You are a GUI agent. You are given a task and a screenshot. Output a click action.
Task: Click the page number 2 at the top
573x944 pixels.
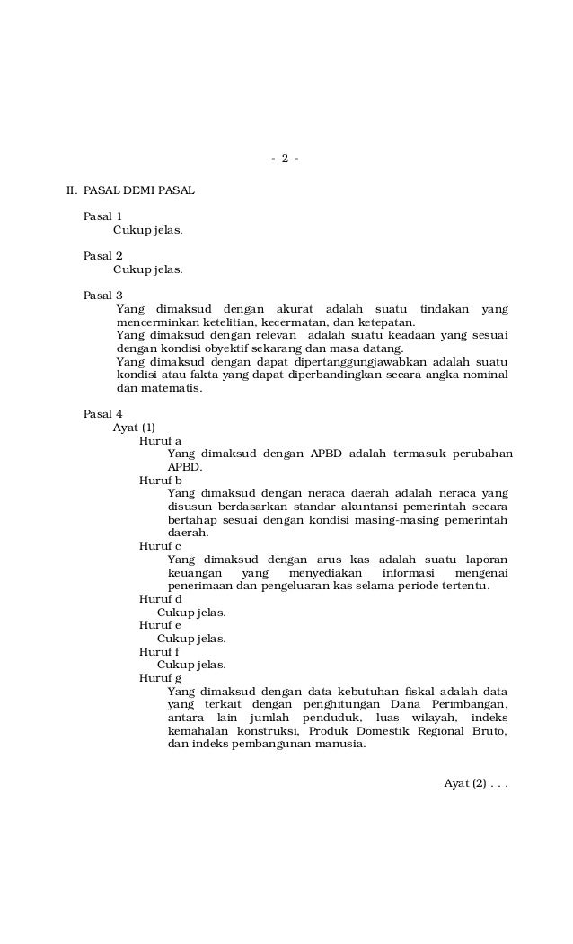point(285,159)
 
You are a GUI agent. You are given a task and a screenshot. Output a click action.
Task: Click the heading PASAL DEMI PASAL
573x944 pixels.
point(138,190)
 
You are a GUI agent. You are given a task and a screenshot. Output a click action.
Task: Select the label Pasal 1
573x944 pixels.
point(102,216)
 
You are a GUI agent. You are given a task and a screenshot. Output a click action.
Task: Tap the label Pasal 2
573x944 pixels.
point(102,256)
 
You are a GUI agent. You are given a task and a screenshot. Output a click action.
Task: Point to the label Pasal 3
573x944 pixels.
point(102,296)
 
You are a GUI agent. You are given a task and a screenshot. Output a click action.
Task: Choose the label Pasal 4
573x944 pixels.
point(102,414)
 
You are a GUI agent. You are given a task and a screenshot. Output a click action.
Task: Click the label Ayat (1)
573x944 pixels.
point(133,428)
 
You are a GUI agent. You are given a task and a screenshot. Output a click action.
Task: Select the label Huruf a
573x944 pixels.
point(160,441)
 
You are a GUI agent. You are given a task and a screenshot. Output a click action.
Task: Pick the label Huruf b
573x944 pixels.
point(160,481)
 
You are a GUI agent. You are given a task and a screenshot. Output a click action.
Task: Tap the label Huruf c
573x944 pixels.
point(160,546)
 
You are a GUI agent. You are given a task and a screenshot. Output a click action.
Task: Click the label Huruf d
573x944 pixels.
point(160,599)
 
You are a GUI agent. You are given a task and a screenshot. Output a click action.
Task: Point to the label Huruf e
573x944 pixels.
point(160,625)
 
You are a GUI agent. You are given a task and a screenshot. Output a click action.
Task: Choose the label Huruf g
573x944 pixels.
point(160,678)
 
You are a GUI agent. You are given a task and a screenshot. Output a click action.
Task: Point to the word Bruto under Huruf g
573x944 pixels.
point(489,731)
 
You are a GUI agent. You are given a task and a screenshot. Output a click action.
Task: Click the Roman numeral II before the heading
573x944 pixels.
point(71,190)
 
